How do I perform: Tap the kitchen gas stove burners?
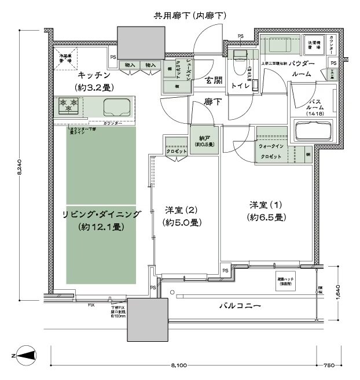[x=68, y=106]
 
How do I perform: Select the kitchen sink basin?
[x=118, y=108]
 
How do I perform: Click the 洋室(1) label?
[x=266, y=211]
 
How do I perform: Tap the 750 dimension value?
[x=329, y=366]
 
